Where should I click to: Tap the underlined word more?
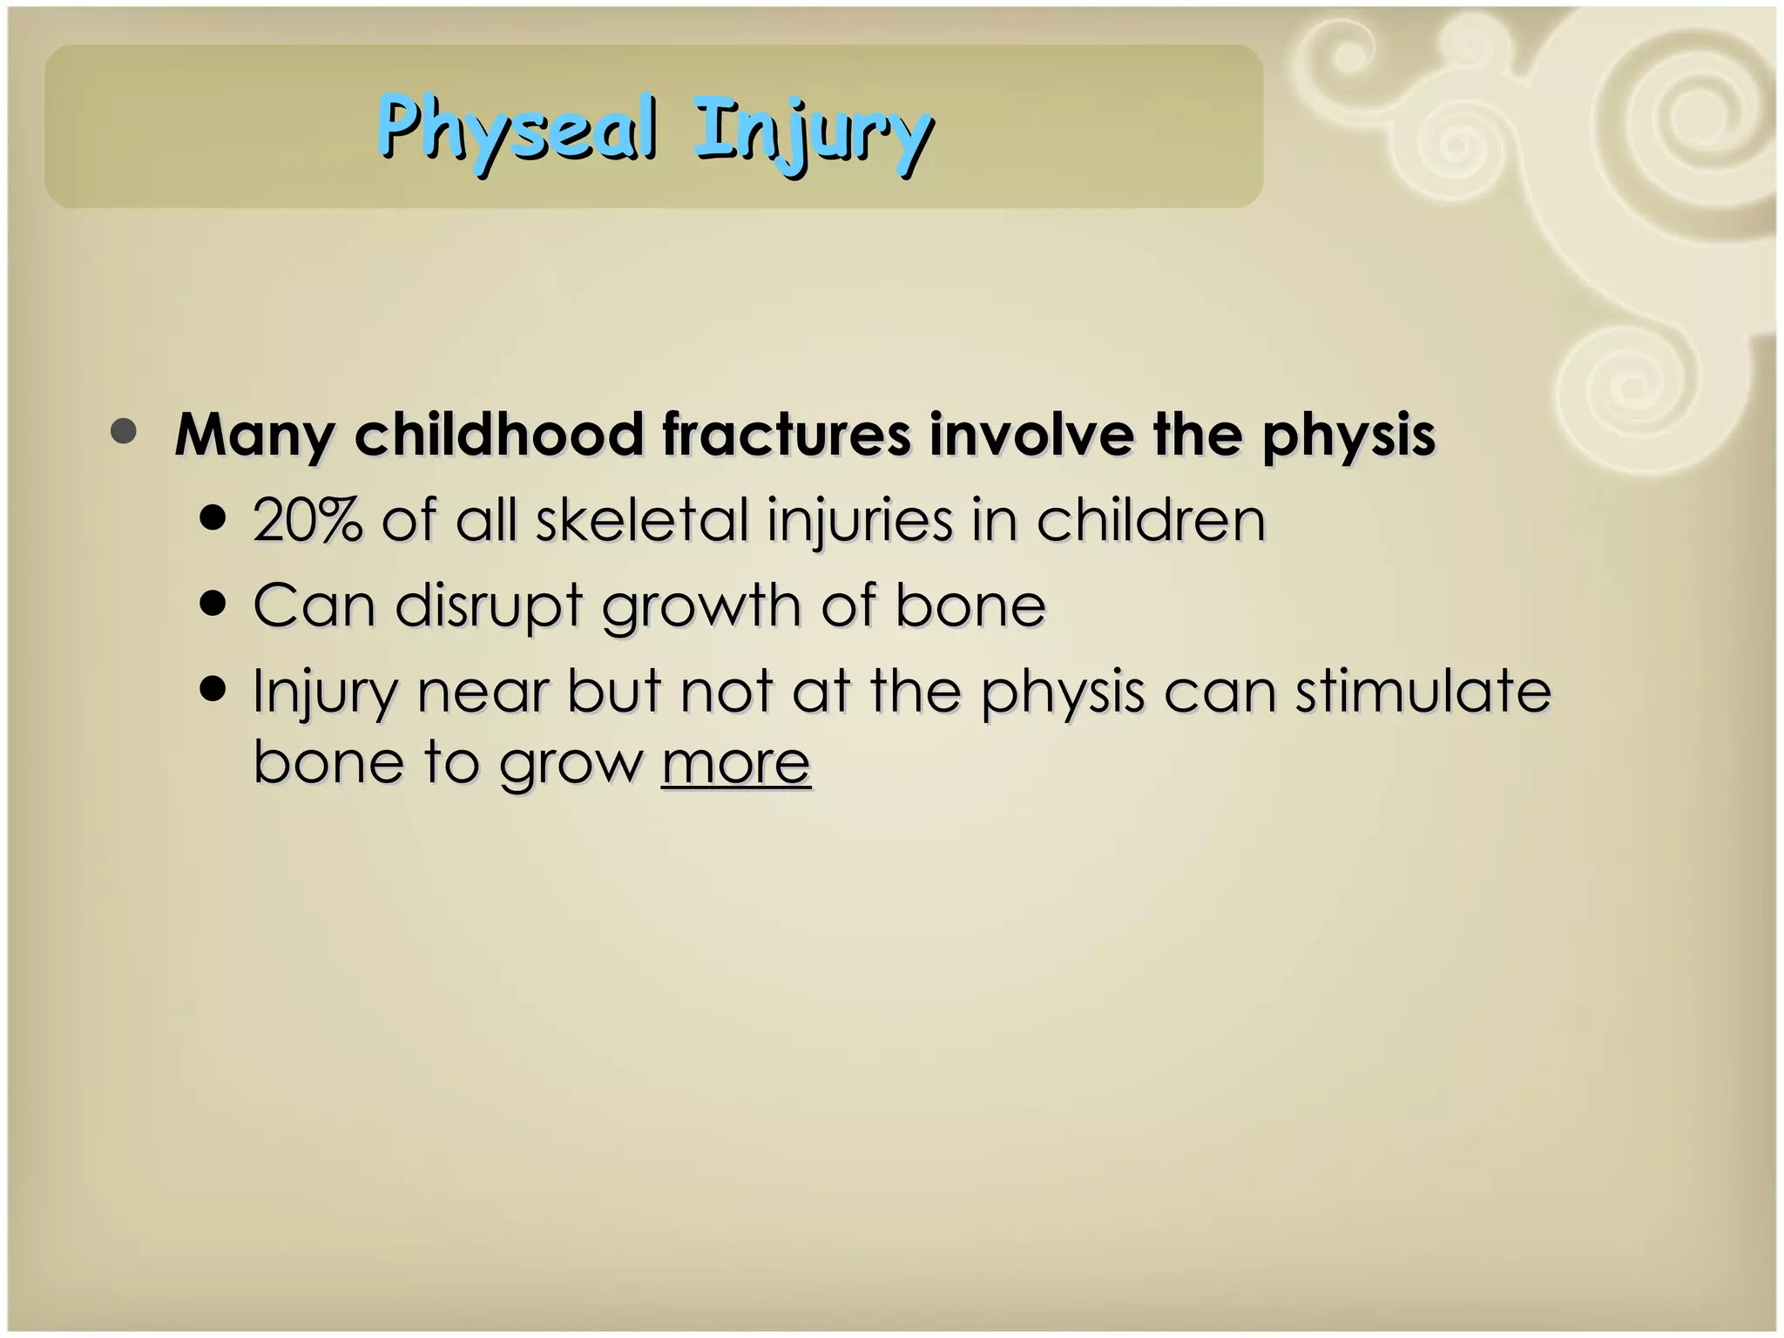[736, 762]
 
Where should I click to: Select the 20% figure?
[307, 520]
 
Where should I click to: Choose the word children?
[1150, 520]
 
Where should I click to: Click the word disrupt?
[488, 605]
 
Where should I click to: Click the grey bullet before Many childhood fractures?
[124, 432]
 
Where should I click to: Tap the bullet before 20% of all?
[213, 519]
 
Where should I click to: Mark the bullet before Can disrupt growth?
[213, 604]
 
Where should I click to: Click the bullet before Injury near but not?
[213, 690]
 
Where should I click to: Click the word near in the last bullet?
[483, 693]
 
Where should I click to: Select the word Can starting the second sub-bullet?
[314, 605]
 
